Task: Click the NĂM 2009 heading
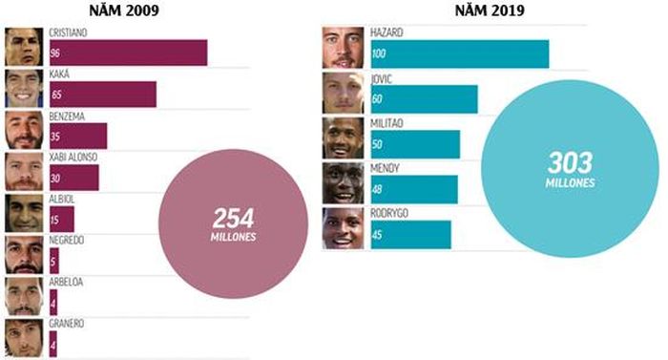(x=124, y=11)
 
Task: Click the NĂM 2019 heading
(x=490, y=11)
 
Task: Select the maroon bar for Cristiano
(x=129, y=53)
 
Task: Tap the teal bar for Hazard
(x=460, y=53)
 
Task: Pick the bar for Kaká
(x=103, y=95)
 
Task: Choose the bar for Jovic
(x=425, y=99)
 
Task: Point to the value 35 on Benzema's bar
(x=55, y=137)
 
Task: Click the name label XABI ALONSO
(x=73, y=157)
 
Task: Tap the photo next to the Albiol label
(x=24, y=213)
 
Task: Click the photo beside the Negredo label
(x=24, y=255)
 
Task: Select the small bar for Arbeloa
(x=53, y=303)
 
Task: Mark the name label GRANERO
(x=67, y=324)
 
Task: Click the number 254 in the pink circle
(x=234, y=219)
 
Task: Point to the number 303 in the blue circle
(x=571, y=163)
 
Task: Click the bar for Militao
(x=415, y=144)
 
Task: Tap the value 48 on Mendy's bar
(x=377, y=189)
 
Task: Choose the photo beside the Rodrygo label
(x=344, y=228)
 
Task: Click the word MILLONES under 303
(x=571, y=183)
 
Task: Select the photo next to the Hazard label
(x=344, y=48)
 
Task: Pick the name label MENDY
(x=385, y=168)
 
